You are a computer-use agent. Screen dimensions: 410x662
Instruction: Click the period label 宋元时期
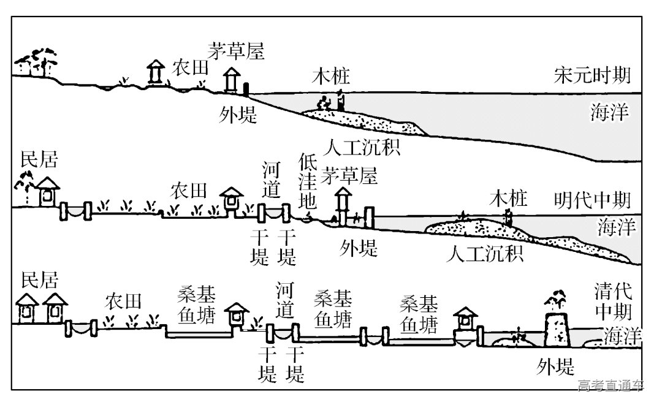[x=592, y=77]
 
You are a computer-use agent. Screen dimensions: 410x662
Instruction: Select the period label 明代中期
[x=592, y=200]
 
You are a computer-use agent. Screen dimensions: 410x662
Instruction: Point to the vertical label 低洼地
[x=307, y=182]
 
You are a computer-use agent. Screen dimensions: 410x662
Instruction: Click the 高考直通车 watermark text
[x=611, y=385]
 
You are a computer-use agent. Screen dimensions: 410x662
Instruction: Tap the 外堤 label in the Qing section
[x=555, y=366]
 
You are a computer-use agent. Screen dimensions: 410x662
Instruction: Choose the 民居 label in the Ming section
[x=39, y=161]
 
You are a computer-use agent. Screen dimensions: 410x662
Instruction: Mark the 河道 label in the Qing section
[x=284, y=300]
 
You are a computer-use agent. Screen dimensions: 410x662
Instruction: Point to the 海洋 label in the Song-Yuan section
[x=609, y=113]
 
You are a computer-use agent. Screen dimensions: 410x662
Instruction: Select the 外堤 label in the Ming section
[x=359, y=248]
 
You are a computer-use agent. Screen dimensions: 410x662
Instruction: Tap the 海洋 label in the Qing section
[x=622, y=336]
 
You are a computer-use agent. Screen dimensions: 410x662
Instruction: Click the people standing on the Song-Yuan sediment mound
[x=331, y=101]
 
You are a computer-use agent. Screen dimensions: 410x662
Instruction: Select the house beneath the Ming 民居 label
[x=47, y=192]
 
